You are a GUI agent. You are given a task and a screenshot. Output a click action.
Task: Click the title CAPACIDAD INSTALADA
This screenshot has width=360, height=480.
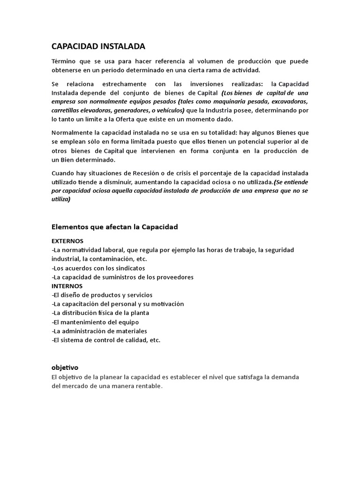click(x=98, y=46)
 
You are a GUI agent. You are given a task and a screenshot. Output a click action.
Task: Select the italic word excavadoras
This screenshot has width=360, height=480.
click(x=287, y=101)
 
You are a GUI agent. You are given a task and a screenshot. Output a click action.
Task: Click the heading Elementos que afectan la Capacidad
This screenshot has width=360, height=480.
click(x=114, y=227)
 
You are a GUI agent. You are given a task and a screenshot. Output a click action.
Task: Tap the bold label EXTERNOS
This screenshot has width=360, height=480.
click(x=67, y=241)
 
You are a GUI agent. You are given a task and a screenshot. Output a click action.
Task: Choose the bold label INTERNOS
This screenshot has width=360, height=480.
click(x=67, y=285)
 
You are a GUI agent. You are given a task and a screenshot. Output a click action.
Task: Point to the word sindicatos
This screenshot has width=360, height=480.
click(x=128, y=268)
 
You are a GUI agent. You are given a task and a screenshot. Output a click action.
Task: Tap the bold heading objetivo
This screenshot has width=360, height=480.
click(x=65, y=367)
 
